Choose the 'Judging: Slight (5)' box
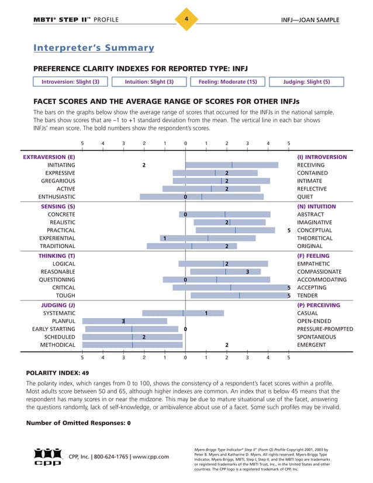coord(306,82)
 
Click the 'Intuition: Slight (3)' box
coord(149,82)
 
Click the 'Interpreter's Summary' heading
coord(94,48)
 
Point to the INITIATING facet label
coord(61,165)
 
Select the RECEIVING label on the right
coord(310,165)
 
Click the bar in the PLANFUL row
coord(125,321)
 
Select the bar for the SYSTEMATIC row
coord(183,313)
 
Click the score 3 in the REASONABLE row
coord(248,272)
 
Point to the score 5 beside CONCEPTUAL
coord(289,230)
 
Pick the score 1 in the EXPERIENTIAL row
coord(165,238)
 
